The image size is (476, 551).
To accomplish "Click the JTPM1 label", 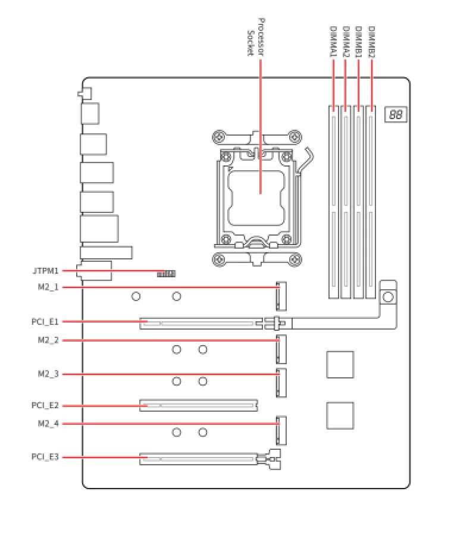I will (45, 271).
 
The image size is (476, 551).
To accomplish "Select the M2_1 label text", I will (48, 287).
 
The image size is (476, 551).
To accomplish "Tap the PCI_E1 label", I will (45, 322).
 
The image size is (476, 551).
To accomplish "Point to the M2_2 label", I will (48, 340).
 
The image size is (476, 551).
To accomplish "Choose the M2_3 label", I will (48, 374).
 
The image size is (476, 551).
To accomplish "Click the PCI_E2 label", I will (45, 406).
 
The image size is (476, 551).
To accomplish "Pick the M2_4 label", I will (48, 424).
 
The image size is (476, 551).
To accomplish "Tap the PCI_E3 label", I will (45, 457).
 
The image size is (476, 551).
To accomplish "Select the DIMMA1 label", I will (333, 42).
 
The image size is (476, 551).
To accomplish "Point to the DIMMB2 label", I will (371, 42).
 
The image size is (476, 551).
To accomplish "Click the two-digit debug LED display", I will (396, 114).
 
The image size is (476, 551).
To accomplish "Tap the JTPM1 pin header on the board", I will (167, 274).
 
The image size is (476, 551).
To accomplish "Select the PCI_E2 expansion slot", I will (199, 406).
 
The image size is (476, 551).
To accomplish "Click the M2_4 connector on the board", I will (280, 430).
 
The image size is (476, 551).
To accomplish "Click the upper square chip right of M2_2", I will (340, 364).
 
